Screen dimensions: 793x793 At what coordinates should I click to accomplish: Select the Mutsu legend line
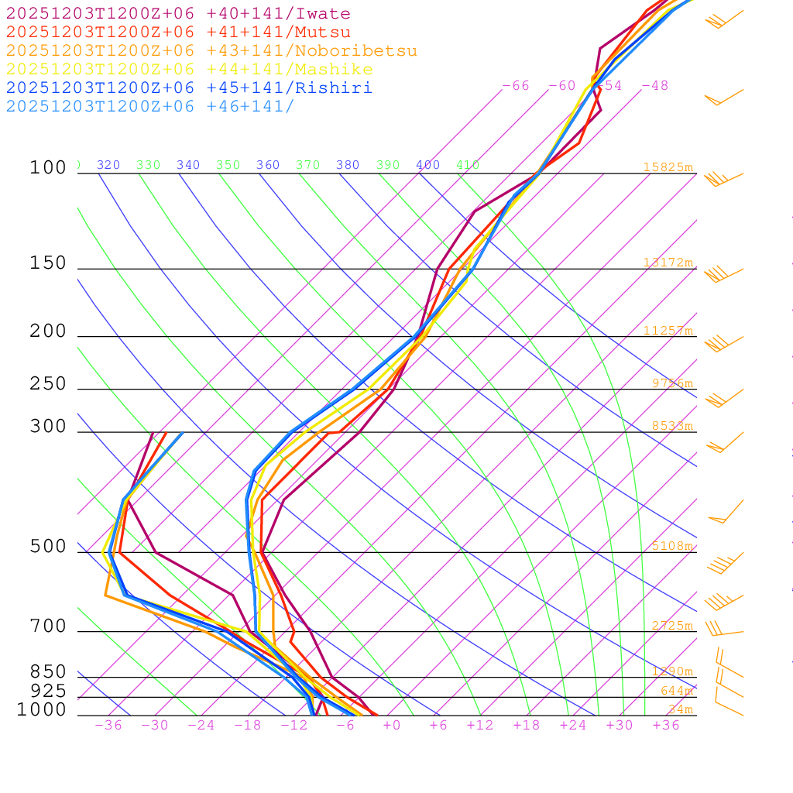[178, 33]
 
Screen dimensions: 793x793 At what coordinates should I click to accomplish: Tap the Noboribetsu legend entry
[211, 51]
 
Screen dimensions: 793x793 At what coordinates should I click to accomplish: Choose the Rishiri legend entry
[189, 88]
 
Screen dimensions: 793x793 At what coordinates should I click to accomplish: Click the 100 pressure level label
[48, 168]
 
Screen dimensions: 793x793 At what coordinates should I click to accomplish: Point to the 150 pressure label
[48, 264]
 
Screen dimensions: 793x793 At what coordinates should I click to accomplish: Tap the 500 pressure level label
[48, 548]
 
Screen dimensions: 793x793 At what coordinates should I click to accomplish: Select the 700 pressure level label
[48, 627]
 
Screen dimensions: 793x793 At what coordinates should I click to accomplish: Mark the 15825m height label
[668, 167]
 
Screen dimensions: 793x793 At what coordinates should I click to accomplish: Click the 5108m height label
[671, 546]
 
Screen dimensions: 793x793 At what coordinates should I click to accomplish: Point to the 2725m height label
[671, 626]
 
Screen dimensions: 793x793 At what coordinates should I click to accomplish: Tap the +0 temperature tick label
[392, 726]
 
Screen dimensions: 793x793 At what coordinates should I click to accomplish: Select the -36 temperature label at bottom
[108, 726]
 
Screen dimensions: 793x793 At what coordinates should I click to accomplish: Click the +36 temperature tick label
[666, 726]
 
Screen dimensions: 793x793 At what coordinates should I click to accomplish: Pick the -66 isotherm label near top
[516, 86]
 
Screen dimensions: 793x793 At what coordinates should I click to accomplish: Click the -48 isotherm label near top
[654, 86]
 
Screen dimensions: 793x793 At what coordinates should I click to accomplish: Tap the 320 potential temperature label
[108, 165]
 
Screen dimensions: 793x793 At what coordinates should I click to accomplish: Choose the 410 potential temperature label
[468, 165]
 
